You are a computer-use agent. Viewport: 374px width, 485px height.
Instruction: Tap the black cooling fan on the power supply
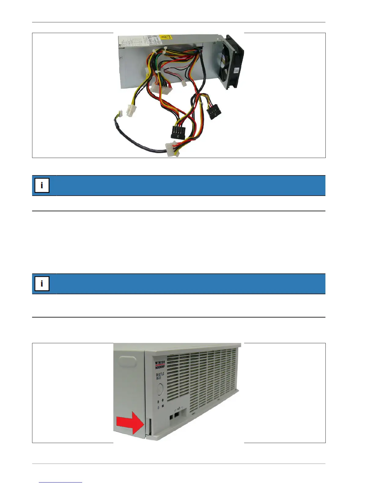click(234, 63)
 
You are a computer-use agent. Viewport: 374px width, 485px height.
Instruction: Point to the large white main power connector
click(161, 88)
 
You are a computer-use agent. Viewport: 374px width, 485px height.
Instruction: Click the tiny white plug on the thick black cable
click(119, 114)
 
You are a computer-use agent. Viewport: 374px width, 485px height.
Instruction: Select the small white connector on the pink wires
click(184, 83)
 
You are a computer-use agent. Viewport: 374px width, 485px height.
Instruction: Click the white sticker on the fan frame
click(237, 70)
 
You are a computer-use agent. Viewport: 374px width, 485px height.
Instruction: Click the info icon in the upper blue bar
click(42, 185)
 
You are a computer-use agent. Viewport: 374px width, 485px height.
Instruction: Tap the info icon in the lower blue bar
click(42, 284)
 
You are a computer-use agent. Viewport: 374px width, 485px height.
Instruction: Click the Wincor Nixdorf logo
click(160, 365)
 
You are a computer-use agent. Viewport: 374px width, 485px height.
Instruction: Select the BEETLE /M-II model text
click(160, 376)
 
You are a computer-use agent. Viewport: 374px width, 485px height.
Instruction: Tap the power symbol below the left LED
click(158, 408)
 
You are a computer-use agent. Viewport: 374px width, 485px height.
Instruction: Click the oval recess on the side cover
click(127, 362)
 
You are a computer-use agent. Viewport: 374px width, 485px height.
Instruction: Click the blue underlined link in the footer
click(61, 482)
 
